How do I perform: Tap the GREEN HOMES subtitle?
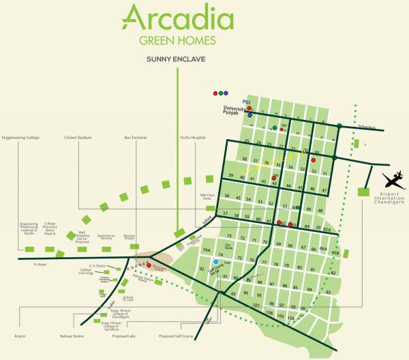tap(177, 40)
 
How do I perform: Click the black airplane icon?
tap(393, 180)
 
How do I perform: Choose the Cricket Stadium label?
tap(78, 138)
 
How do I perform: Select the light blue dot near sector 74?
tap(216, 262)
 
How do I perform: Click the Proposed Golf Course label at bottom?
tap(176, 336)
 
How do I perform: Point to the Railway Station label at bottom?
tap(73, 336)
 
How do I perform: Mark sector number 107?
tap(256, 305)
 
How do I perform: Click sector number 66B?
tap(335, 252)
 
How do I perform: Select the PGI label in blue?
tap(247, 102)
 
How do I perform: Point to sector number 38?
tap(245, 160)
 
